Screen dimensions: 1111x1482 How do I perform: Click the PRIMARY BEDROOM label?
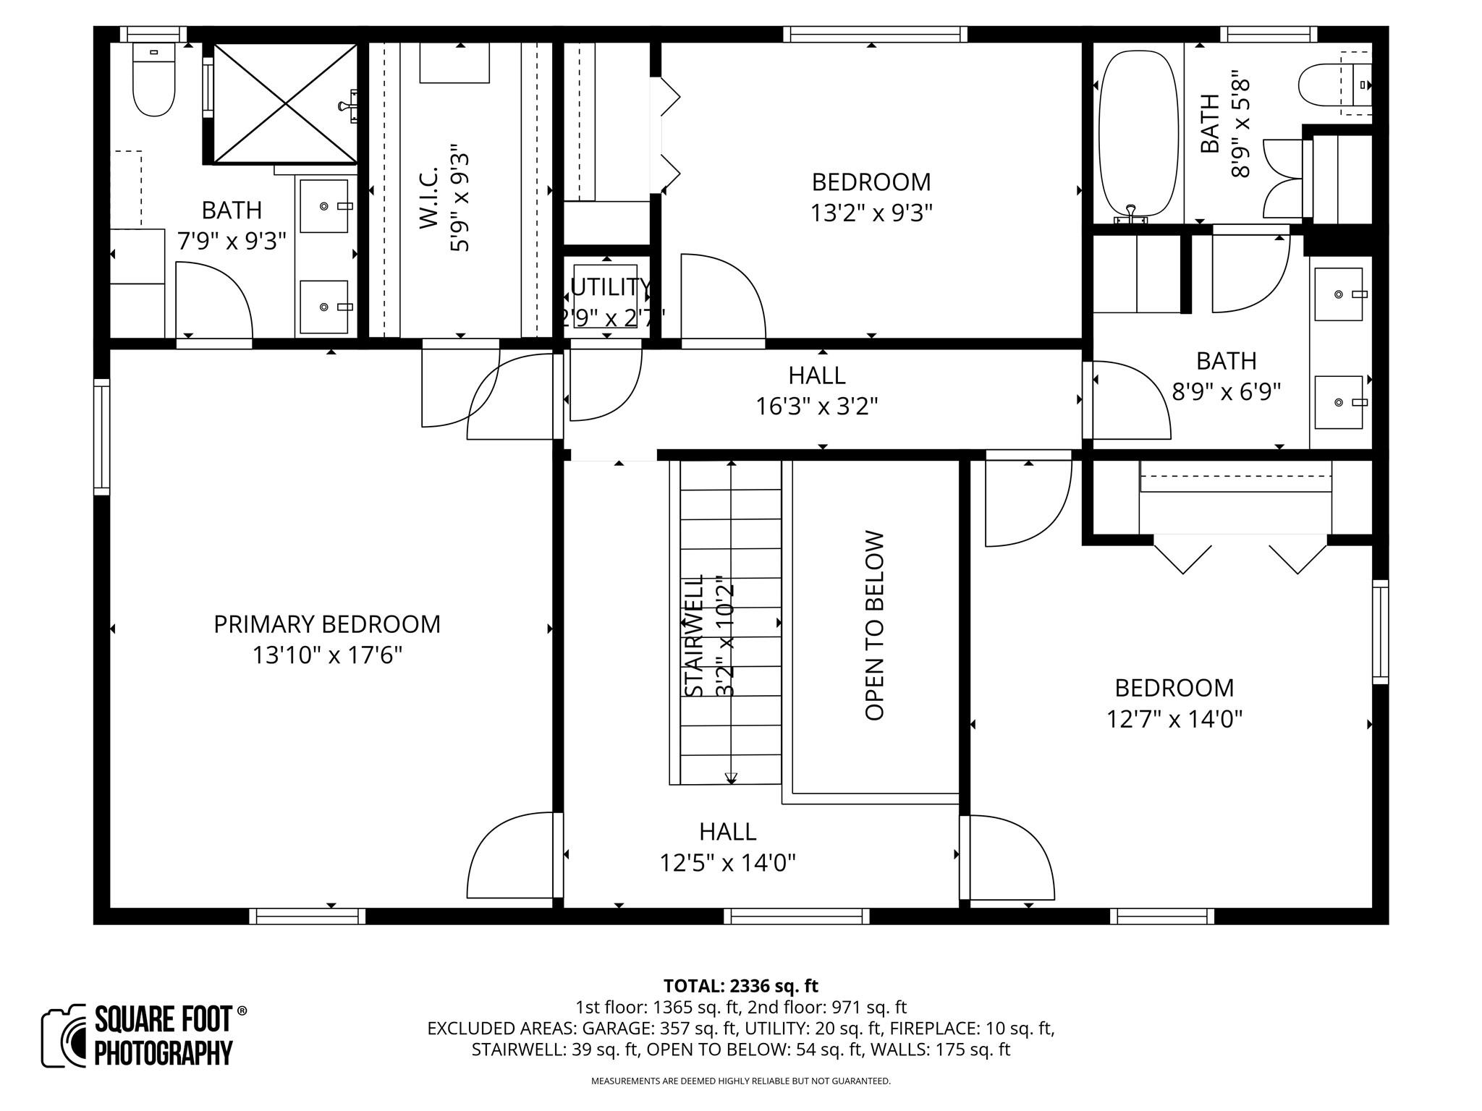pos(326,624)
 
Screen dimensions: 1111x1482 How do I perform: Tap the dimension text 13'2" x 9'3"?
pos(871,213)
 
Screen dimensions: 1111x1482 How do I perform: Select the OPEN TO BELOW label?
pos(875,626)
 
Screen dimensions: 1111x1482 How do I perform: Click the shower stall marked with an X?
pos(286,103)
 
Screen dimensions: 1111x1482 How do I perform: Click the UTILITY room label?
pos(609,287)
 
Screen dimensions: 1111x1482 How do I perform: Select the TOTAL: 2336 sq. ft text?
pos(740,986)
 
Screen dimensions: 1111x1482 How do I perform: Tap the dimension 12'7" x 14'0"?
pos(1174,719)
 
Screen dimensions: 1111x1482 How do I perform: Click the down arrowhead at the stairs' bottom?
pos(731,778)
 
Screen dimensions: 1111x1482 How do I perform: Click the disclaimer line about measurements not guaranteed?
pos(740,1081)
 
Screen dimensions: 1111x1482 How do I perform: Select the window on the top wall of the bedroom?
pos(875,34)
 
